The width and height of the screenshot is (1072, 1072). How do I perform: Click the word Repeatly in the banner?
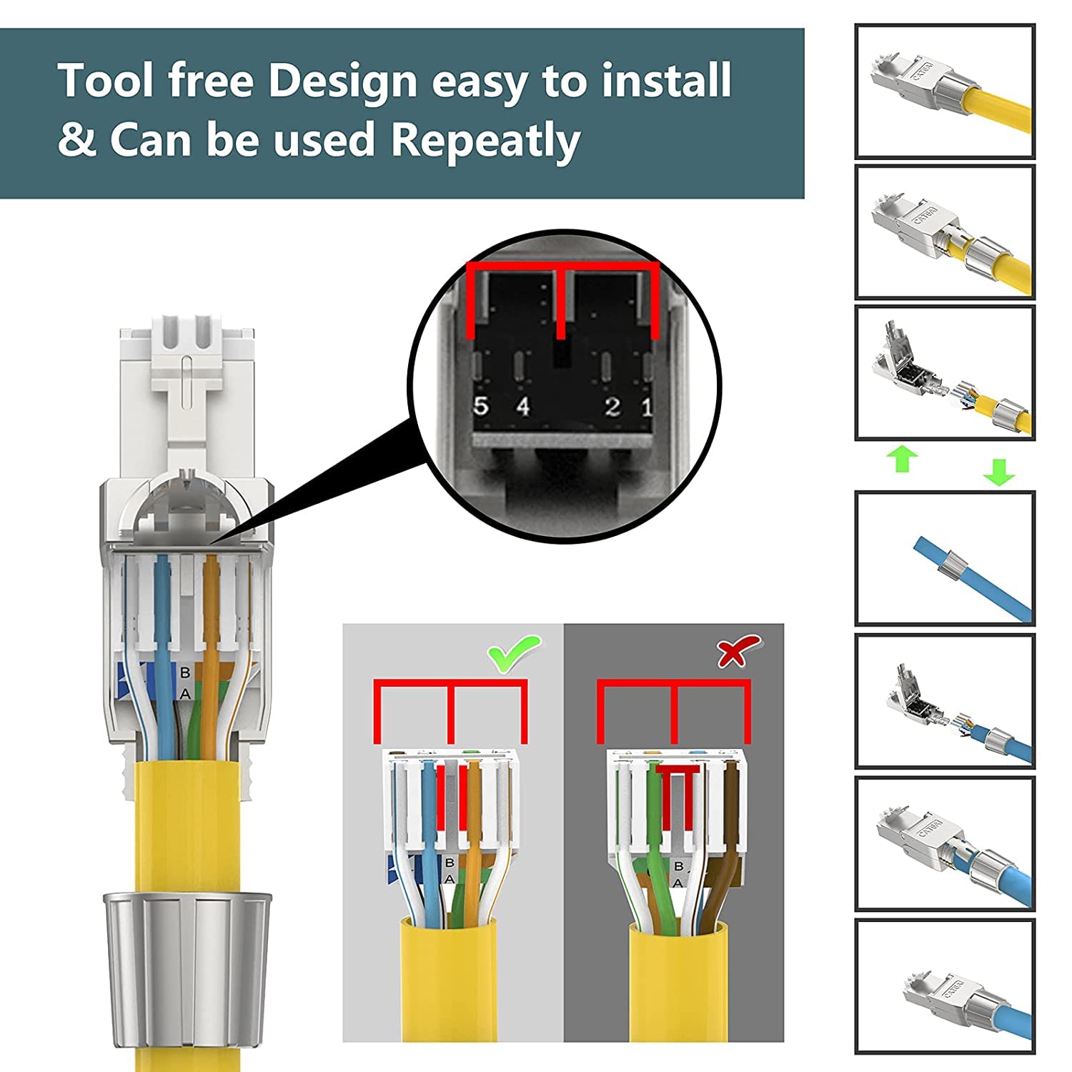pyautogui.click(x=485, y=140)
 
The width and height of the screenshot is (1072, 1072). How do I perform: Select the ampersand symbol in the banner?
pyautogui.click(x=76, y=140)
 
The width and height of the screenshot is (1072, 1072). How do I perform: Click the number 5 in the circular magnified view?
pyautogui.click(x=481, y=407)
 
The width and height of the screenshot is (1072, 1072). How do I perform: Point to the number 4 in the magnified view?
pyautogui.click(x=523, y=407)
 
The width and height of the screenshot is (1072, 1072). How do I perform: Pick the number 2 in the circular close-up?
pyautogui.click(x=612, y=407)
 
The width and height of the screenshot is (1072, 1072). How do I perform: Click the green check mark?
pyautogui.click(x=514, y=653)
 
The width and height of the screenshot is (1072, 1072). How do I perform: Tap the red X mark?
pyautogui.click(x=738, y=651)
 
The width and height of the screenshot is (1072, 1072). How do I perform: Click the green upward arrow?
pyautogui.click(x=903, y=459)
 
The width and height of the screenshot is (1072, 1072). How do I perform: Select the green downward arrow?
pyautogui.click(x=998, y=472)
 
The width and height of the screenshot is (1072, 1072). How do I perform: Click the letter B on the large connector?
pyautogui.click(x=185, y=673)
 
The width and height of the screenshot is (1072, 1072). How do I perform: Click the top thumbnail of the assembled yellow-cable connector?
pyautogui.click(x=945, y=91)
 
